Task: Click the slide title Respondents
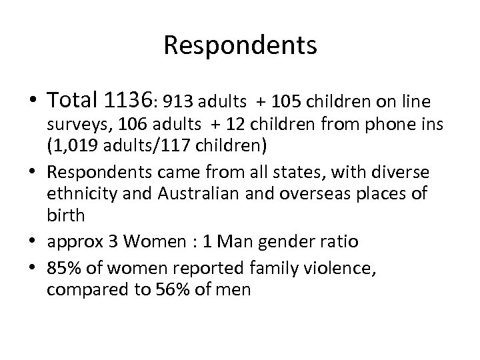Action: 240,45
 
